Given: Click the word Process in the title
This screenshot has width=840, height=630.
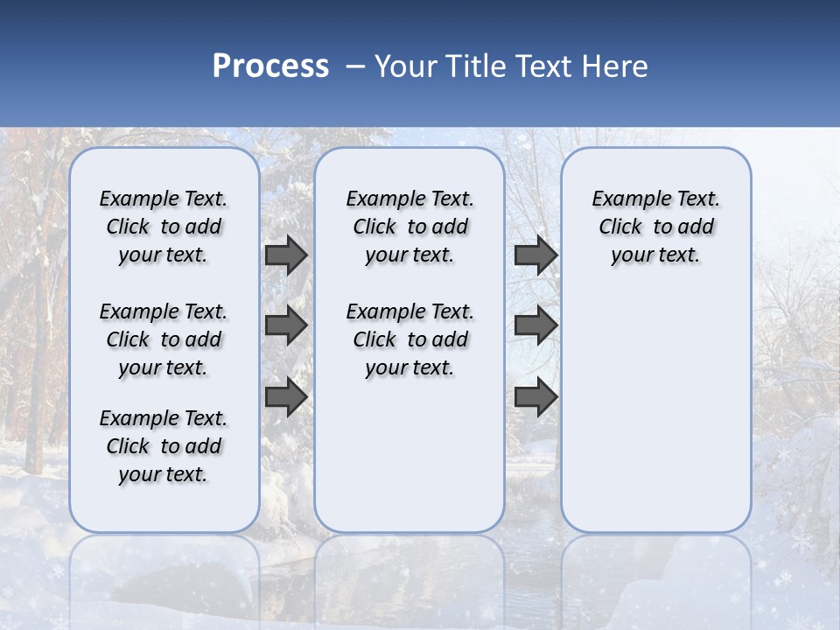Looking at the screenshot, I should [x=270, y=66].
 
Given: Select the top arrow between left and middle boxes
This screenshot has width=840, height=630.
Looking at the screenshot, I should [x=286, y=255].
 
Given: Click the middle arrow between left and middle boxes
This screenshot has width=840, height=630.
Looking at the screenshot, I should [x=286, y=325].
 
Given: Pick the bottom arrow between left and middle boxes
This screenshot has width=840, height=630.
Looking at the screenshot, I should [x=286, y=397].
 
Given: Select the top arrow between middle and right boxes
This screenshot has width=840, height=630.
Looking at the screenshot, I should [x=535, y=255].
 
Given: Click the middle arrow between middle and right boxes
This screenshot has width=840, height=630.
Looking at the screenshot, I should [x=535, y=325].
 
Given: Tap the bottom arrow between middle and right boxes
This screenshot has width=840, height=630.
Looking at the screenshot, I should [x=535, y=397].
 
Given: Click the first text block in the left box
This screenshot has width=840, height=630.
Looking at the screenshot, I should [x=164, y=227].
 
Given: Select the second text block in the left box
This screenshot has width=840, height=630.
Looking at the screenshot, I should [x=164, y=339].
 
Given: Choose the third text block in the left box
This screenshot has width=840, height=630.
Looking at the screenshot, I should [x=164, y=446].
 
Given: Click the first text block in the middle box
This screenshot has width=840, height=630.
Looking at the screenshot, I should [x=409, y=227].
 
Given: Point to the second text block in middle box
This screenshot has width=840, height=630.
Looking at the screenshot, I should [x=409, y=339].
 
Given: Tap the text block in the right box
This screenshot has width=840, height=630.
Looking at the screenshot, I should [x=655, y=227].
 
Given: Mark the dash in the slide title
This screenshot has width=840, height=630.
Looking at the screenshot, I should [x=355, y=66].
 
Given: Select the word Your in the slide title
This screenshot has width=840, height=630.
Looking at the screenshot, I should [x=406, y=66].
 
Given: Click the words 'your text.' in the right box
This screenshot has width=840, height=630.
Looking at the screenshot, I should [x=655, y=255].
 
